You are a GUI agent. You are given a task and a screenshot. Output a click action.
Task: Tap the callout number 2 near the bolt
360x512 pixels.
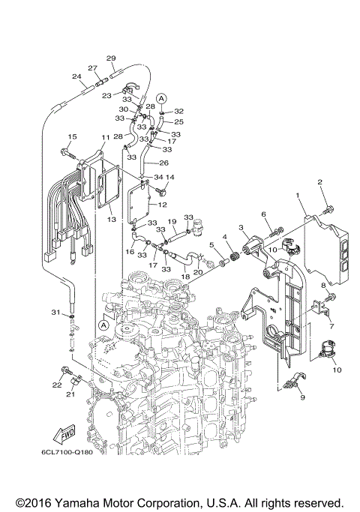(319, 182)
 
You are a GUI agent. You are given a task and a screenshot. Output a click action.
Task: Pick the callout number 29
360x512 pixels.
(111, 58)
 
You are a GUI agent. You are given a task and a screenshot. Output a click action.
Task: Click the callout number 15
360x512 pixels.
(72, 136)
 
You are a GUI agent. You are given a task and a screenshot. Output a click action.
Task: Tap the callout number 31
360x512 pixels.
(55, 312)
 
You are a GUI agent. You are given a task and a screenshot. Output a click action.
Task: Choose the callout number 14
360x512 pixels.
(169, 178)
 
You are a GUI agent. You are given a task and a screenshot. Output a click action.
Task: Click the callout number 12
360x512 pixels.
(163, 205)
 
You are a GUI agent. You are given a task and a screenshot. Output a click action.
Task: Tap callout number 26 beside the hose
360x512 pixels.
(165, 162)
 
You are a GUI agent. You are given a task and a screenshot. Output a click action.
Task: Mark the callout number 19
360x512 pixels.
(171, 222)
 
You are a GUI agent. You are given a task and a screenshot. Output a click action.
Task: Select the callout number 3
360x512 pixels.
(241, 227)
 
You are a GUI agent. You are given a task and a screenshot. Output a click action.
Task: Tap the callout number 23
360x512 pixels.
(106, 95)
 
